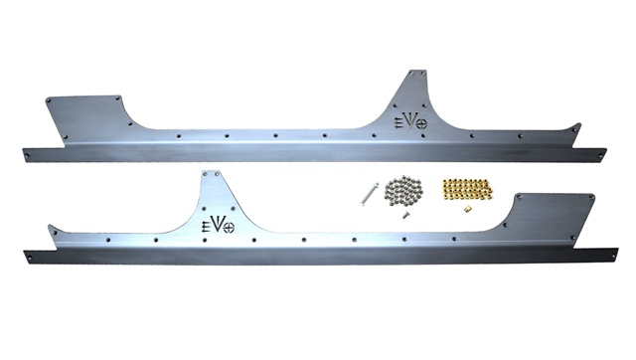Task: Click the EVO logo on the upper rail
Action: pos(410,121)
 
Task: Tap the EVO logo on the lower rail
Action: pos(218,226)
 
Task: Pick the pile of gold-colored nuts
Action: pos(466,189)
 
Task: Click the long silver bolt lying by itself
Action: pos(369,194)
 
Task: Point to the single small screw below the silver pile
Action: pos(404,215)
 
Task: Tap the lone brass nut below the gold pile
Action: pos(468,210)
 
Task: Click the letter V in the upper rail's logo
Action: pos(410,121)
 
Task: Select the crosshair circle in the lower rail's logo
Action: pos(230,228)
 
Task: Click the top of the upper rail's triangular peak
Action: pos(417,71)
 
